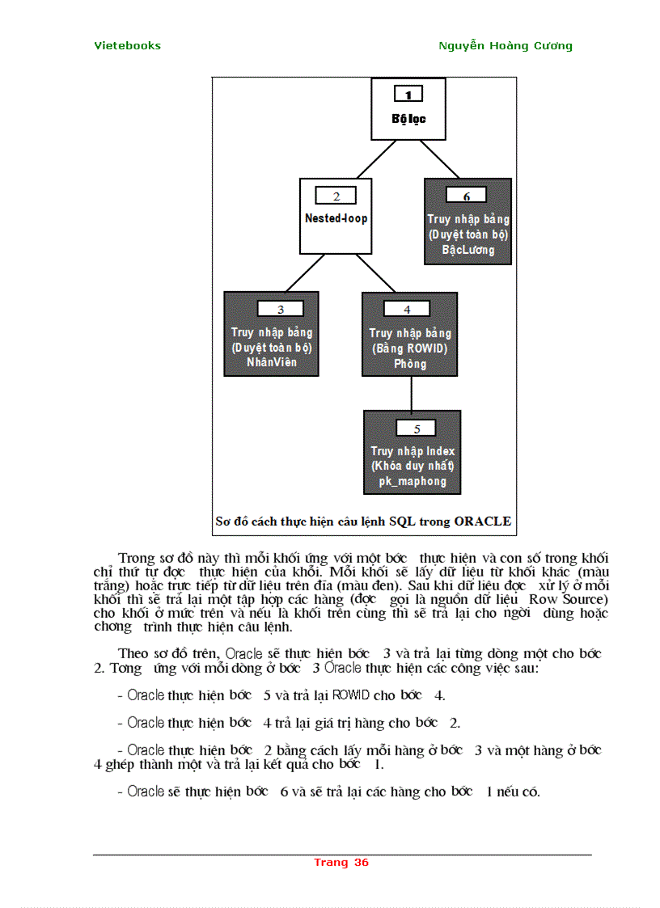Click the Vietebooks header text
point(127,46)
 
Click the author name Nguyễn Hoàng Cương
point(505,46)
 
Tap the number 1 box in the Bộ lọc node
point(408,95)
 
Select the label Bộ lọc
point(408,119)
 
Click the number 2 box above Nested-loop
point(336,196)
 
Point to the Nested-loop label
point(336,218)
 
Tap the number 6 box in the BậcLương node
point(467,196)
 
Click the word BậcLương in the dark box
point(467,250)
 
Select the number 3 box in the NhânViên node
point(280,309)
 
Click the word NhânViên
point(272,362)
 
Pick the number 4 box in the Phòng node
point(407,309)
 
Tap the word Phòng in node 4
point(410,364)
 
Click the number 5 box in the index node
point(417,429)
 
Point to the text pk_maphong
point(412,481)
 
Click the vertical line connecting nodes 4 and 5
point(412,394)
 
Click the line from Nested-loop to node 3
point(306,272)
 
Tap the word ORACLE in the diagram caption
point(482,522)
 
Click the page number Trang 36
point(341,863)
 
